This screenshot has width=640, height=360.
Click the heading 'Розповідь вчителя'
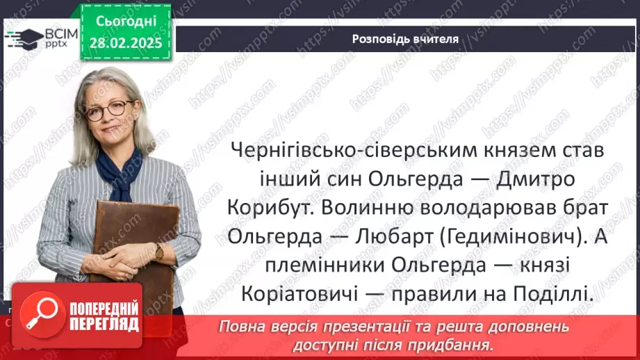pos(404,39)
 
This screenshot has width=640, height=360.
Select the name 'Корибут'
pos(267,208)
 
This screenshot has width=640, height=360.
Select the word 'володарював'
pos(502,208)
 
